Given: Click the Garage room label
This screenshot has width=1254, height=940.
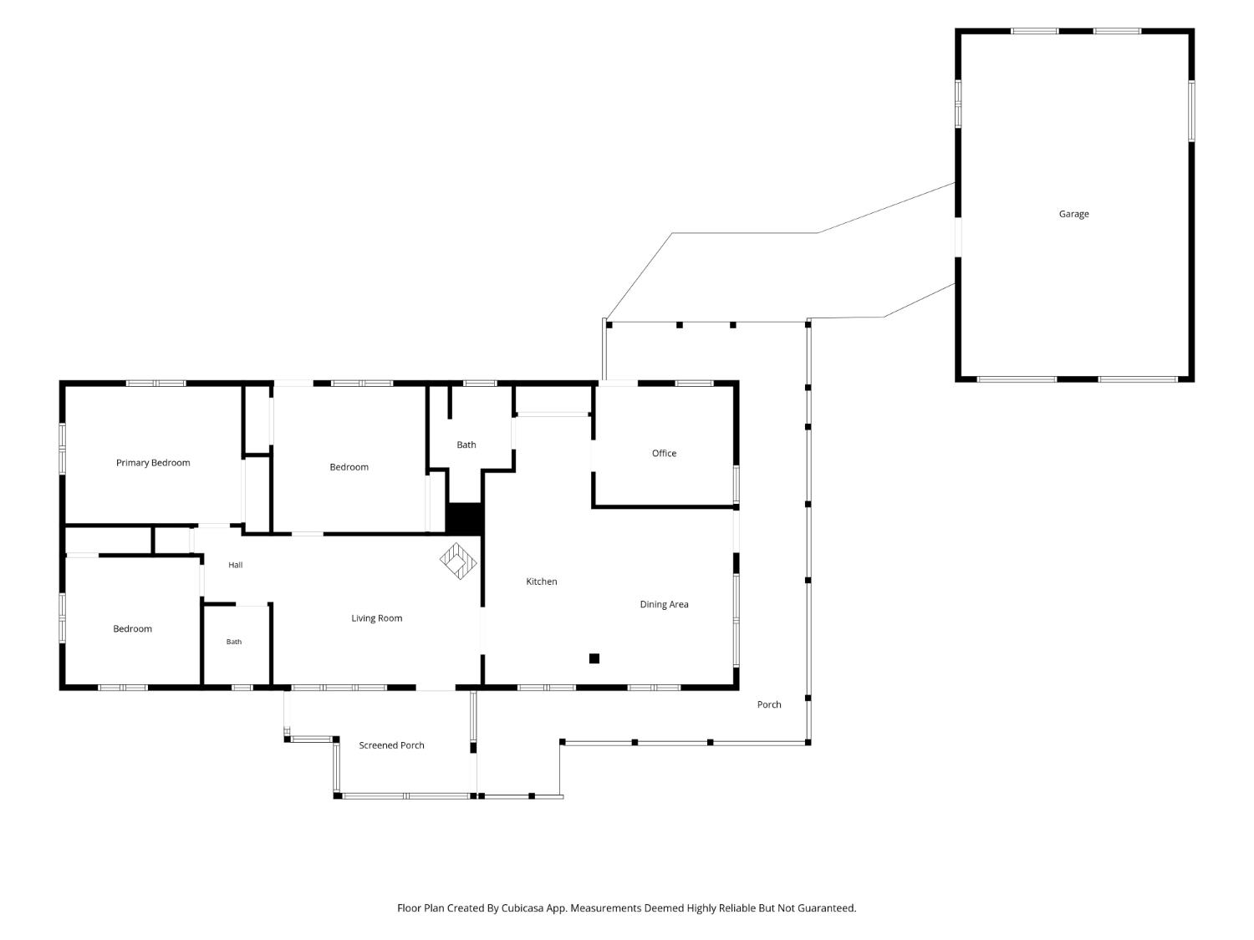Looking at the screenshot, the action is pyautogui.click(x=1073, y=214).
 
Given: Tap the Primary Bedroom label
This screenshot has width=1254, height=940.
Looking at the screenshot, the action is pyautogui.click(x=153, y=463).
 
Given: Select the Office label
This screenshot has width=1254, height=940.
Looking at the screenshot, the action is pyautogui.click(x=664, y=453).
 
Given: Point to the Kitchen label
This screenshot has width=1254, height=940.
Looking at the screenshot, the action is pyautogui.click(x=541, y=582).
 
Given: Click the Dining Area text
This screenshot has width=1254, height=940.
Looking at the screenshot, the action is pyautogui.click(x=664, y=604).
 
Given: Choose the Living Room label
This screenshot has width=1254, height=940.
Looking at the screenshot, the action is pyautogui.click(x=376, y=618).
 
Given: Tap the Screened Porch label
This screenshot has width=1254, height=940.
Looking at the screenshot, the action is pyautogui.click(x=391, y=745).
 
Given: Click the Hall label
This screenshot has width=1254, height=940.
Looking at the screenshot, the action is pyautogui.click(x=236, y=565).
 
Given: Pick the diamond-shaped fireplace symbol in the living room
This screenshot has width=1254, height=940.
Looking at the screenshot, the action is pyautogui.click(x=458, y=561).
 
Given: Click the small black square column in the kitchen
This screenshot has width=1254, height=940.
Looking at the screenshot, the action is pyautogui.click(x=594, y=658).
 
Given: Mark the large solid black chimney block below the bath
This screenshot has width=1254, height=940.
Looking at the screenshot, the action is pyautogui.click(x=465, y=519).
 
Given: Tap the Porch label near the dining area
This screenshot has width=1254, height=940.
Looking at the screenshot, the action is pyautogui.click(x=769, y=705).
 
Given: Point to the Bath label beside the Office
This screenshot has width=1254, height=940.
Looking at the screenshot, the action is pyautogui.click(x=466, y=445).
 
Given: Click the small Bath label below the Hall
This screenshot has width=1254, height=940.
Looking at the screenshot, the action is pyautogui.click(x=233, y=642).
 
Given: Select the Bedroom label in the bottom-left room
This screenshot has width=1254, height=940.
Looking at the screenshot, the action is pyautogui.click(x=133, y=629).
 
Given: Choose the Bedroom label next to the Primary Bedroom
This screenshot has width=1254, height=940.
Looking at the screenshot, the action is pyautogui.click(x=349, y=467).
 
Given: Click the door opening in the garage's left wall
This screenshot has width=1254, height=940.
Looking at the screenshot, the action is pyautogui.click(x=958, y=237).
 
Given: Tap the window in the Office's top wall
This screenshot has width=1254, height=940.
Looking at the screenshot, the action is pyautogui.click(x=694, y=384).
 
